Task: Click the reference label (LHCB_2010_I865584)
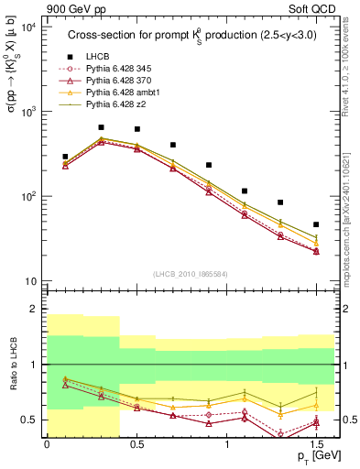(191, 274)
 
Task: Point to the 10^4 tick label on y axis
(29, 27)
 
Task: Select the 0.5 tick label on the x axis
(136, 443)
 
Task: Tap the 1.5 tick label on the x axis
(316, 443)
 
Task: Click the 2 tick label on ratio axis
(35, 310)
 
